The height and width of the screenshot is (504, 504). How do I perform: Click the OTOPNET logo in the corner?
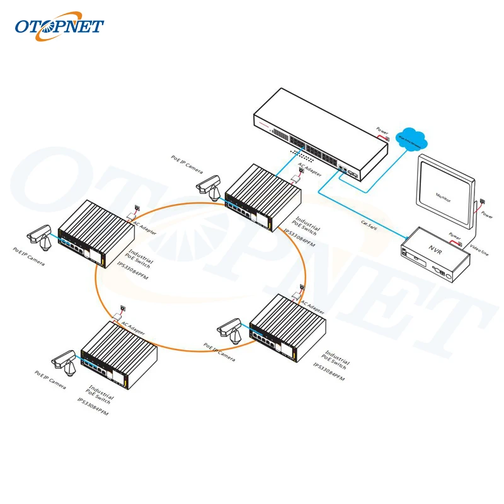click(59, 27)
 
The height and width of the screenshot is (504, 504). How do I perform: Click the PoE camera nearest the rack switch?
click(209, 184)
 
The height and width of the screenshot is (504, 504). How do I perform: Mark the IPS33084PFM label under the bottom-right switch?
click(329, 372)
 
